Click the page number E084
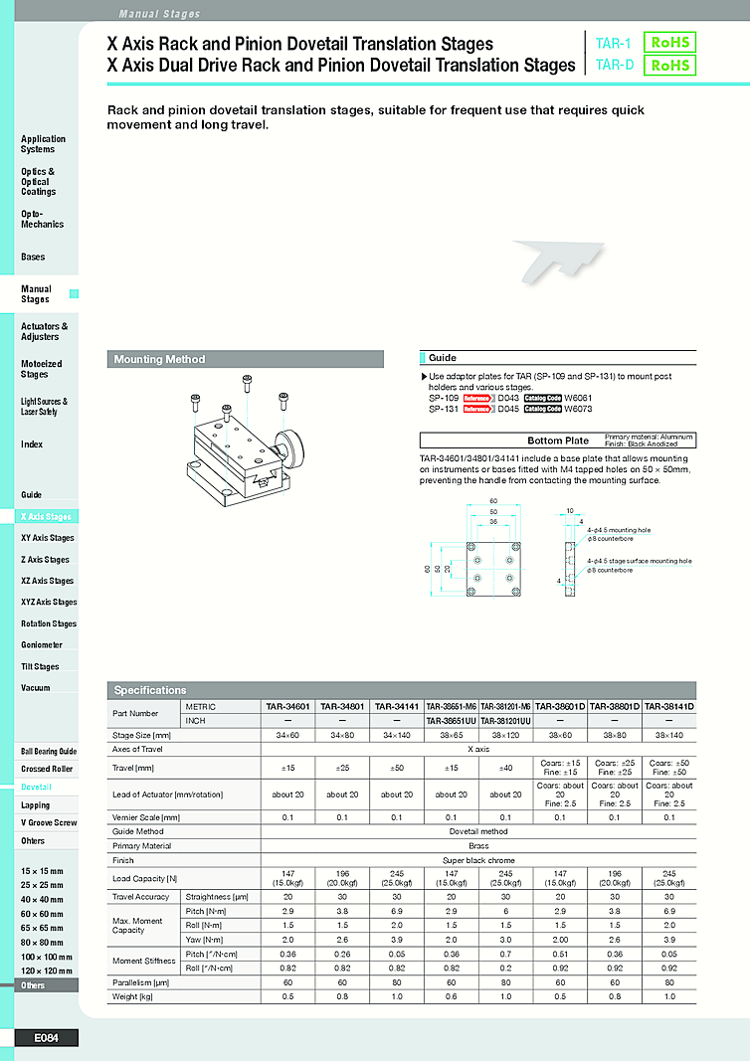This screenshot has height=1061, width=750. [x=47, y=1038]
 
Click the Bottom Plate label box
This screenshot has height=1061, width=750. [x=557, y=441]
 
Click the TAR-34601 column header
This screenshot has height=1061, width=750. [x=287, y=706]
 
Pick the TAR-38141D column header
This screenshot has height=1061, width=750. [x=668, y=706]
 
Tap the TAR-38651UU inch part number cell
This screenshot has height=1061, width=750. [x=451, y=720]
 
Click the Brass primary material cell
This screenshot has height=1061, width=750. [x=477, y=845]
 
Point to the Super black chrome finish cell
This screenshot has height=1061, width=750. [x=477, y=859]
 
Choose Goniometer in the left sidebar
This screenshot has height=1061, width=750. [x=42, y=645]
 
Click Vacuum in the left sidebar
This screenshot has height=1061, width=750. [x=36, y=688]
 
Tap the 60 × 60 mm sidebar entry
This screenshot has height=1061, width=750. [x=42, y=913]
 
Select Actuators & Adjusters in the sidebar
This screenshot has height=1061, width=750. [x=44, y=331]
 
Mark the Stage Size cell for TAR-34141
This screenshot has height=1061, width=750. [x=397, y=734]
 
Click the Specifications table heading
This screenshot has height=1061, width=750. [x=151, y=690]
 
